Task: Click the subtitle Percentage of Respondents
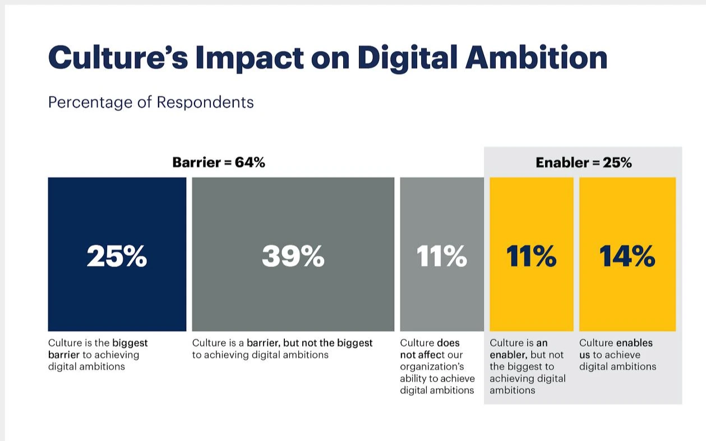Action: (x=151, y=103)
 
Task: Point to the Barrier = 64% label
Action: (x=219, y=163)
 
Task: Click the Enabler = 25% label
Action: (x=584, y=163)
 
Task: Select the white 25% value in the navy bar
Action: (x=117, y=256)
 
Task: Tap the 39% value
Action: (x=293, y=256)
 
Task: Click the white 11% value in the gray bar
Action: (x=442, y=256)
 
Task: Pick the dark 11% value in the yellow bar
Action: (x=532, y=256)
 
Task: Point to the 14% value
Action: (x=627, y=256)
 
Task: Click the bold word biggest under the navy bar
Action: (x=130, y=343)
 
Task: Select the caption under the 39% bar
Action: (x=282, y=349)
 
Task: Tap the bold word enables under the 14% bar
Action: (x=635, y=343)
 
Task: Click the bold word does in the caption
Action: (x=448, y=343)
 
